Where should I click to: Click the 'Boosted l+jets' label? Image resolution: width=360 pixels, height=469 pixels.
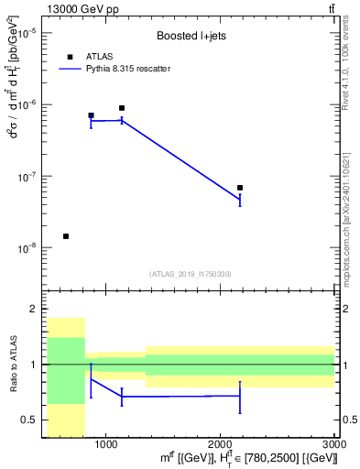tap(191, 37)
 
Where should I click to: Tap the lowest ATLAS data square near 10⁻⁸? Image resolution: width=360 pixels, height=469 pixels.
tap(66, 236)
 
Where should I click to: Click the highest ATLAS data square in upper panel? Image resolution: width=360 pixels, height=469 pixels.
tap(122, 108)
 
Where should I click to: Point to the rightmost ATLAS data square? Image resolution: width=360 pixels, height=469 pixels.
tap(240, 188)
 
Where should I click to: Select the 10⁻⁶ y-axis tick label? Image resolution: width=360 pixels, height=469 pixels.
tap(29, 104)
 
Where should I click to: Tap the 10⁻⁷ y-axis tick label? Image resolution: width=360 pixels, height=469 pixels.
tap(29, 176)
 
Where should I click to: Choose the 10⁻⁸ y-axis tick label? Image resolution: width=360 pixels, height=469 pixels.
tap(29, 247)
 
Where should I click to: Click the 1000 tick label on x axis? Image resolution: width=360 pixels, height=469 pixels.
tap(105, 445)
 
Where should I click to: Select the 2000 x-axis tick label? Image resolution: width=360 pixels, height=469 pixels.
tap(220, 445)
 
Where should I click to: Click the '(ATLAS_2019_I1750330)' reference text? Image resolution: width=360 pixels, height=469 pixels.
tap(191, 274)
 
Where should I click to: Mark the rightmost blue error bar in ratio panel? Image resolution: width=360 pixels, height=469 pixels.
tap(240, 397)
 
